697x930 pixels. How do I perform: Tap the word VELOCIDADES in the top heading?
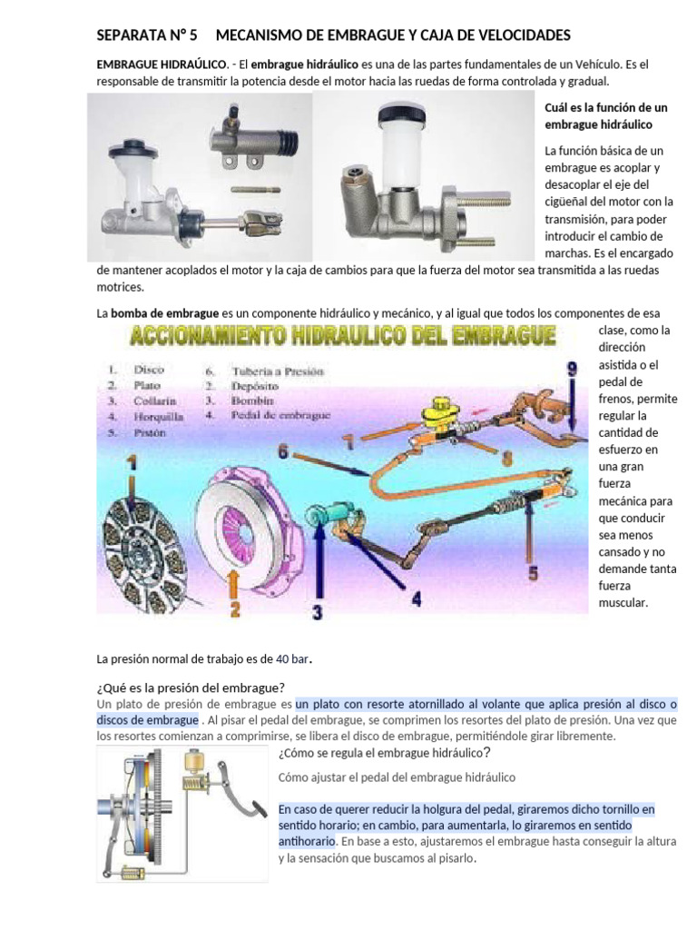[x=517, y=35]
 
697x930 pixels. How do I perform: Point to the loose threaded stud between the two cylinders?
[x=253, y=189]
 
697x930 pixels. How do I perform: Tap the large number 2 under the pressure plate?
[x=234, y=608]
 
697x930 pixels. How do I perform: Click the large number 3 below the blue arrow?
[x=317, y=613]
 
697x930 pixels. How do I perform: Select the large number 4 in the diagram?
[x=416, y=599]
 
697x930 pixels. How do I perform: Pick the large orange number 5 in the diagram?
[x=533, y=573]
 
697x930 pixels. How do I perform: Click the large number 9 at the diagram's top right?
[x=571, y=370]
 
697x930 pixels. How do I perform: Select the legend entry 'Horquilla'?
[x=159, y=417]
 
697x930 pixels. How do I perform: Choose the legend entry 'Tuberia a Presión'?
[x=277, y=371]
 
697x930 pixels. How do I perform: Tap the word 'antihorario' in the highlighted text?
[x=307, y=842]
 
